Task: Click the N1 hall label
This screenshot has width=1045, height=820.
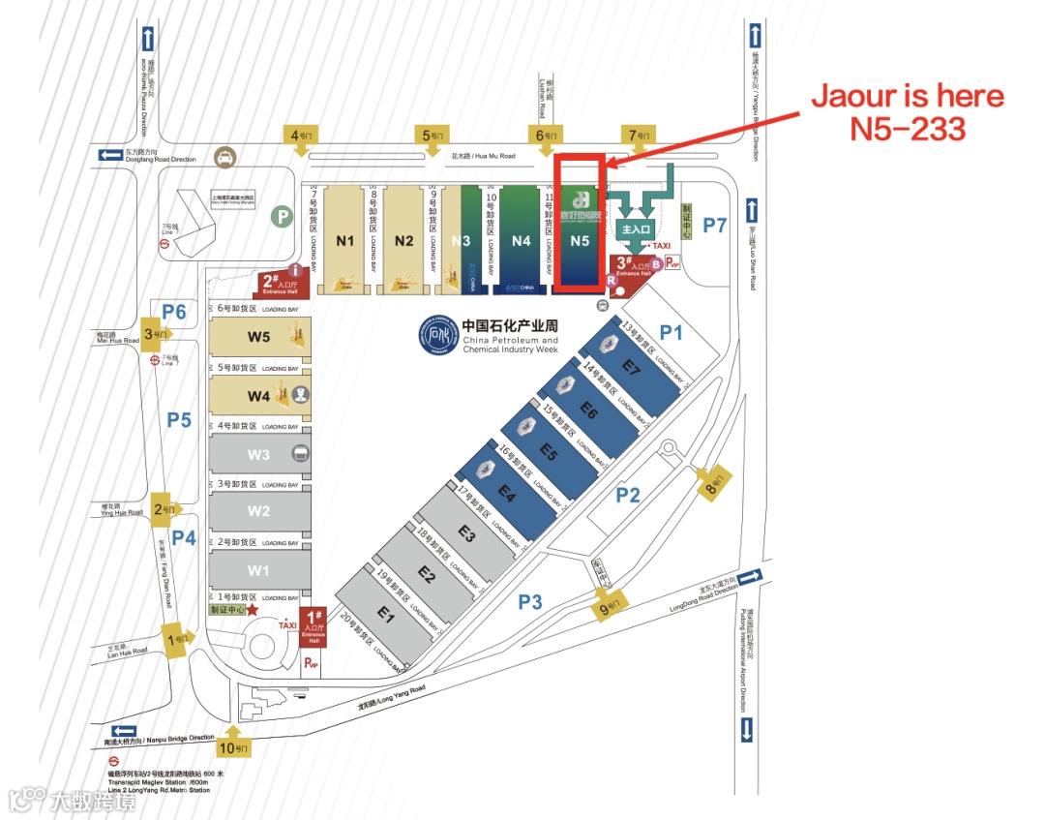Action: (345, 241)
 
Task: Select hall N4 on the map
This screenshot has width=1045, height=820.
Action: (522, 241)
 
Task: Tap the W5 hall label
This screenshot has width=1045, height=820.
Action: (258, 337)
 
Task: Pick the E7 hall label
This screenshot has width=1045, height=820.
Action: (632, 368)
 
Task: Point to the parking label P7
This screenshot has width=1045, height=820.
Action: (715, 226)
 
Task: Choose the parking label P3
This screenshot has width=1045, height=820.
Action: (530, 602)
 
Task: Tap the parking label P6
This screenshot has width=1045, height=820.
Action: (174, 311)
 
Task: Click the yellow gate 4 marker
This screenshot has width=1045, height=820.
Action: (299, 137)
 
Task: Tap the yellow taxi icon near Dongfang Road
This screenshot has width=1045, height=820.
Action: (224, 157)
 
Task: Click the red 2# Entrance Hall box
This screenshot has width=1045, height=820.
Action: (281, 284)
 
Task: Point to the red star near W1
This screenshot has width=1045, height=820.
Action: (253, 610)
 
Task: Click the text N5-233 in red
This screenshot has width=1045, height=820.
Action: (908, 129)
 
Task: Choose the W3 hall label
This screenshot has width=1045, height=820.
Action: (258, 454)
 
